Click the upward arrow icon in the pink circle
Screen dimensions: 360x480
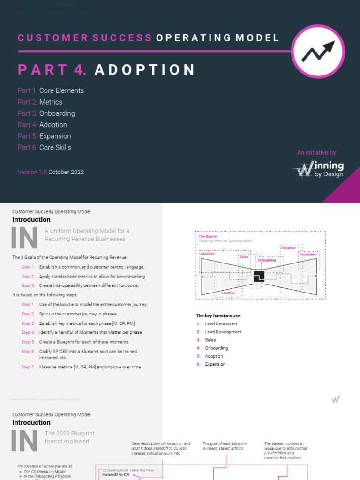click(x=318, y=51)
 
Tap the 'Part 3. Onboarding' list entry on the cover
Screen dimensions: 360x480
click(x=46, y=113)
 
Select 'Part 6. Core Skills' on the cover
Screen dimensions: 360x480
click(x=44, y=147)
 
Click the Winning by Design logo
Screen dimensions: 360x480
click(x=319, y=169)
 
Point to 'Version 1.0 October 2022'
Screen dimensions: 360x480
click(x=51, y=172)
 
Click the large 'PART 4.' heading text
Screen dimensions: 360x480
click(x=52, y=70)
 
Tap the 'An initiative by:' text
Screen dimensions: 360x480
click(x=317, y=153)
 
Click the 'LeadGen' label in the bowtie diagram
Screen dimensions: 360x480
click(x=207, y=253)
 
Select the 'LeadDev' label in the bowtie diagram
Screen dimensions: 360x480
click(x=228, y=292)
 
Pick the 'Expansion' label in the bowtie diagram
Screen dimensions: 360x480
click(x=307, y=254)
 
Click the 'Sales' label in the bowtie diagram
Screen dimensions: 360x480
click(x=244, y=256)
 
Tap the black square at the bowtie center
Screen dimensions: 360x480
click(x=259, y=277)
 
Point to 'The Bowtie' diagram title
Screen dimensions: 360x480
click(x=208, y=237)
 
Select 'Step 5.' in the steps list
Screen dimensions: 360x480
click(x=28, y=342)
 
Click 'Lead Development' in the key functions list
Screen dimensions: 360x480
click(x=223, y=332)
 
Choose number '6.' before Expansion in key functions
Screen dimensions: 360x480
click(x=199, y=364)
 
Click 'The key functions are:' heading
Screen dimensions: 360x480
click(x=218, y=316)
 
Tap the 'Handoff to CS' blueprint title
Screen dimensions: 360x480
click(x=116, y=475)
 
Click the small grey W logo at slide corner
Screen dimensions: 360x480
click(x=335, y=399)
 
